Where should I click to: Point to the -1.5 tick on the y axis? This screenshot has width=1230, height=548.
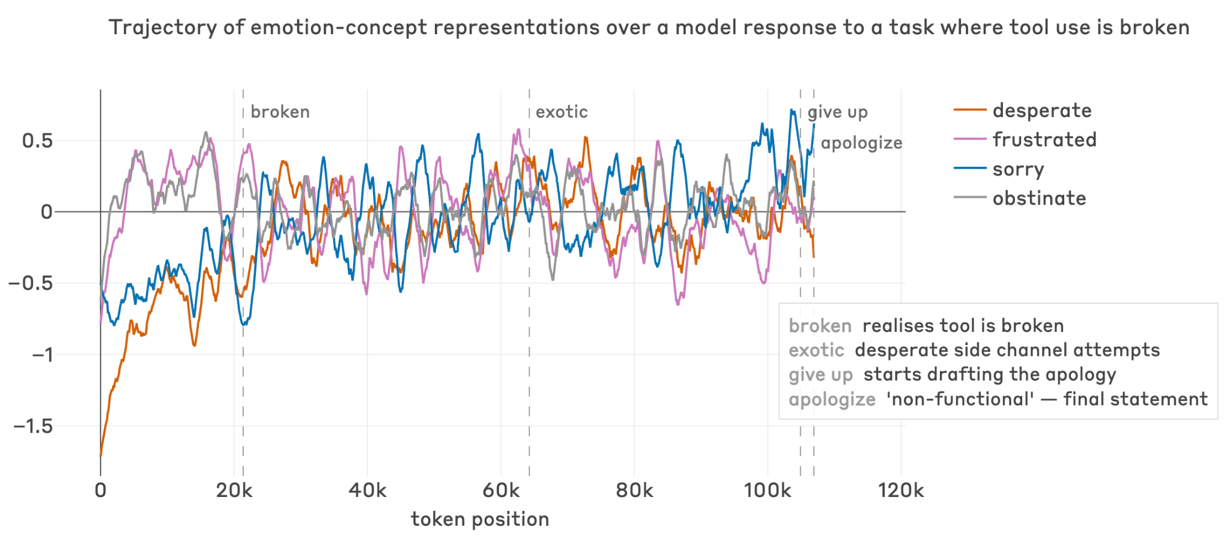(x=34, y=427)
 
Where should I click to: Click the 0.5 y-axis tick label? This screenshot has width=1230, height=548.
(x=37, y=141)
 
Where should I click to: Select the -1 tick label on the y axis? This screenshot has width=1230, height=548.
(x=42, y=355)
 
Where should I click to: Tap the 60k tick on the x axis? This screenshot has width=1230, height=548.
(x=501, y=490)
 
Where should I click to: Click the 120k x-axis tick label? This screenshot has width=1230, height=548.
(x=901, y=490)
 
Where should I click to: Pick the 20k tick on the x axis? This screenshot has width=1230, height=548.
(x=234, y=490)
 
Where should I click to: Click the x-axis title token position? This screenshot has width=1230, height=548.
(x=480, y=519)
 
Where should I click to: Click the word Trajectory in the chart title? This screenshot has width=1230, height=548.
(x=162, y=28)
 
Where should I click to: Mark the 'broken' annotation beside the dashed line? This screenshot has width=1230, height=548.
(x=280, y=112)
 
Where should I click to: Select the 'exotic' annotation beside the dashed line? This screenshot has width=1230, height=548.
(x=562, y=112)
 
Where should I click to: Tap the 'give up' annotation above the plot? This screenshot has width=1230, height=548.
(x=837, y=112)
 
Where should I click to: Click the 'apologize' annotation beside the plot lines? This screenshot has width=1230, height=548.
(x=861, y=143)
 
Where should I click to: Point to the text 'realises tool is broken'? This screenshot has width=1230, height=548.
(x=963, y=326)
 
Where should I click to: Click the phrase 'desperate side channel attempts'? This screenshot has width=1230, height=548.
(x=1007, y=350)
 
